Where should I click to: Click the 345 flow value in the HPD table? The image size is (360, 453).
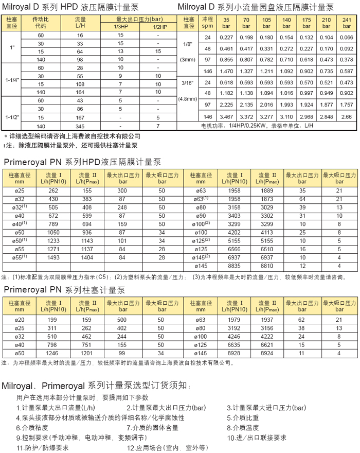point(80,126)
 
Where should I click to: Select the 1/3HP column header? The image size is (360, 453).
point(120,27)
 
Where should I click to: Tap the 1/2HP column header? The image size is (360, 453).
point(158,27)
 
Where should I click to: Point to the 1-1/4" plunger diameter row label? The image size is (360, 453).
point(12,80)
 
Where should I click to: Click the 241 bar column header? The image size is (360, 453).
point(347,23)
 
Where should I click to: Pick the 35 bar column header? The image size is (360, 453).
point(226,23)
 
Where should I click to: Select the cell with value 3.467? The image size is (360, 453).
point(226,117)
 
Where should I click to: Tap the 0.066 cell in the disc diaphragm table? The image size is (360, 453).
point(347,38)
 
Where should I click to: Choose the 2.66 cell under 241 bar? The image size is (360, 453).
point(347,117)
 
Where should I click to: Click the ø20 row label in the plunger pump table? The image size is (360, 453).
point(20,320)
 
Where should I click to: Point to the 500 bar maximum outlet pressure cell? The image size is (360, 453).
point(122,320)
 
